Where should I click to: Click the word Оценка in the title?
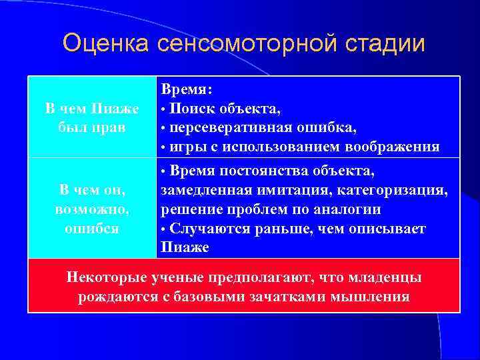[x=107, y=43]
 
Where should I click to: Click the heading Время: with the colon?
[x=186, y=89]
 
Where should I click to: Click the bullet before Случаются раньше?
[x=164, y=229]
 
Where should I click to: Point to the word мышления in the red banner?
[x=373, y=296]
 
